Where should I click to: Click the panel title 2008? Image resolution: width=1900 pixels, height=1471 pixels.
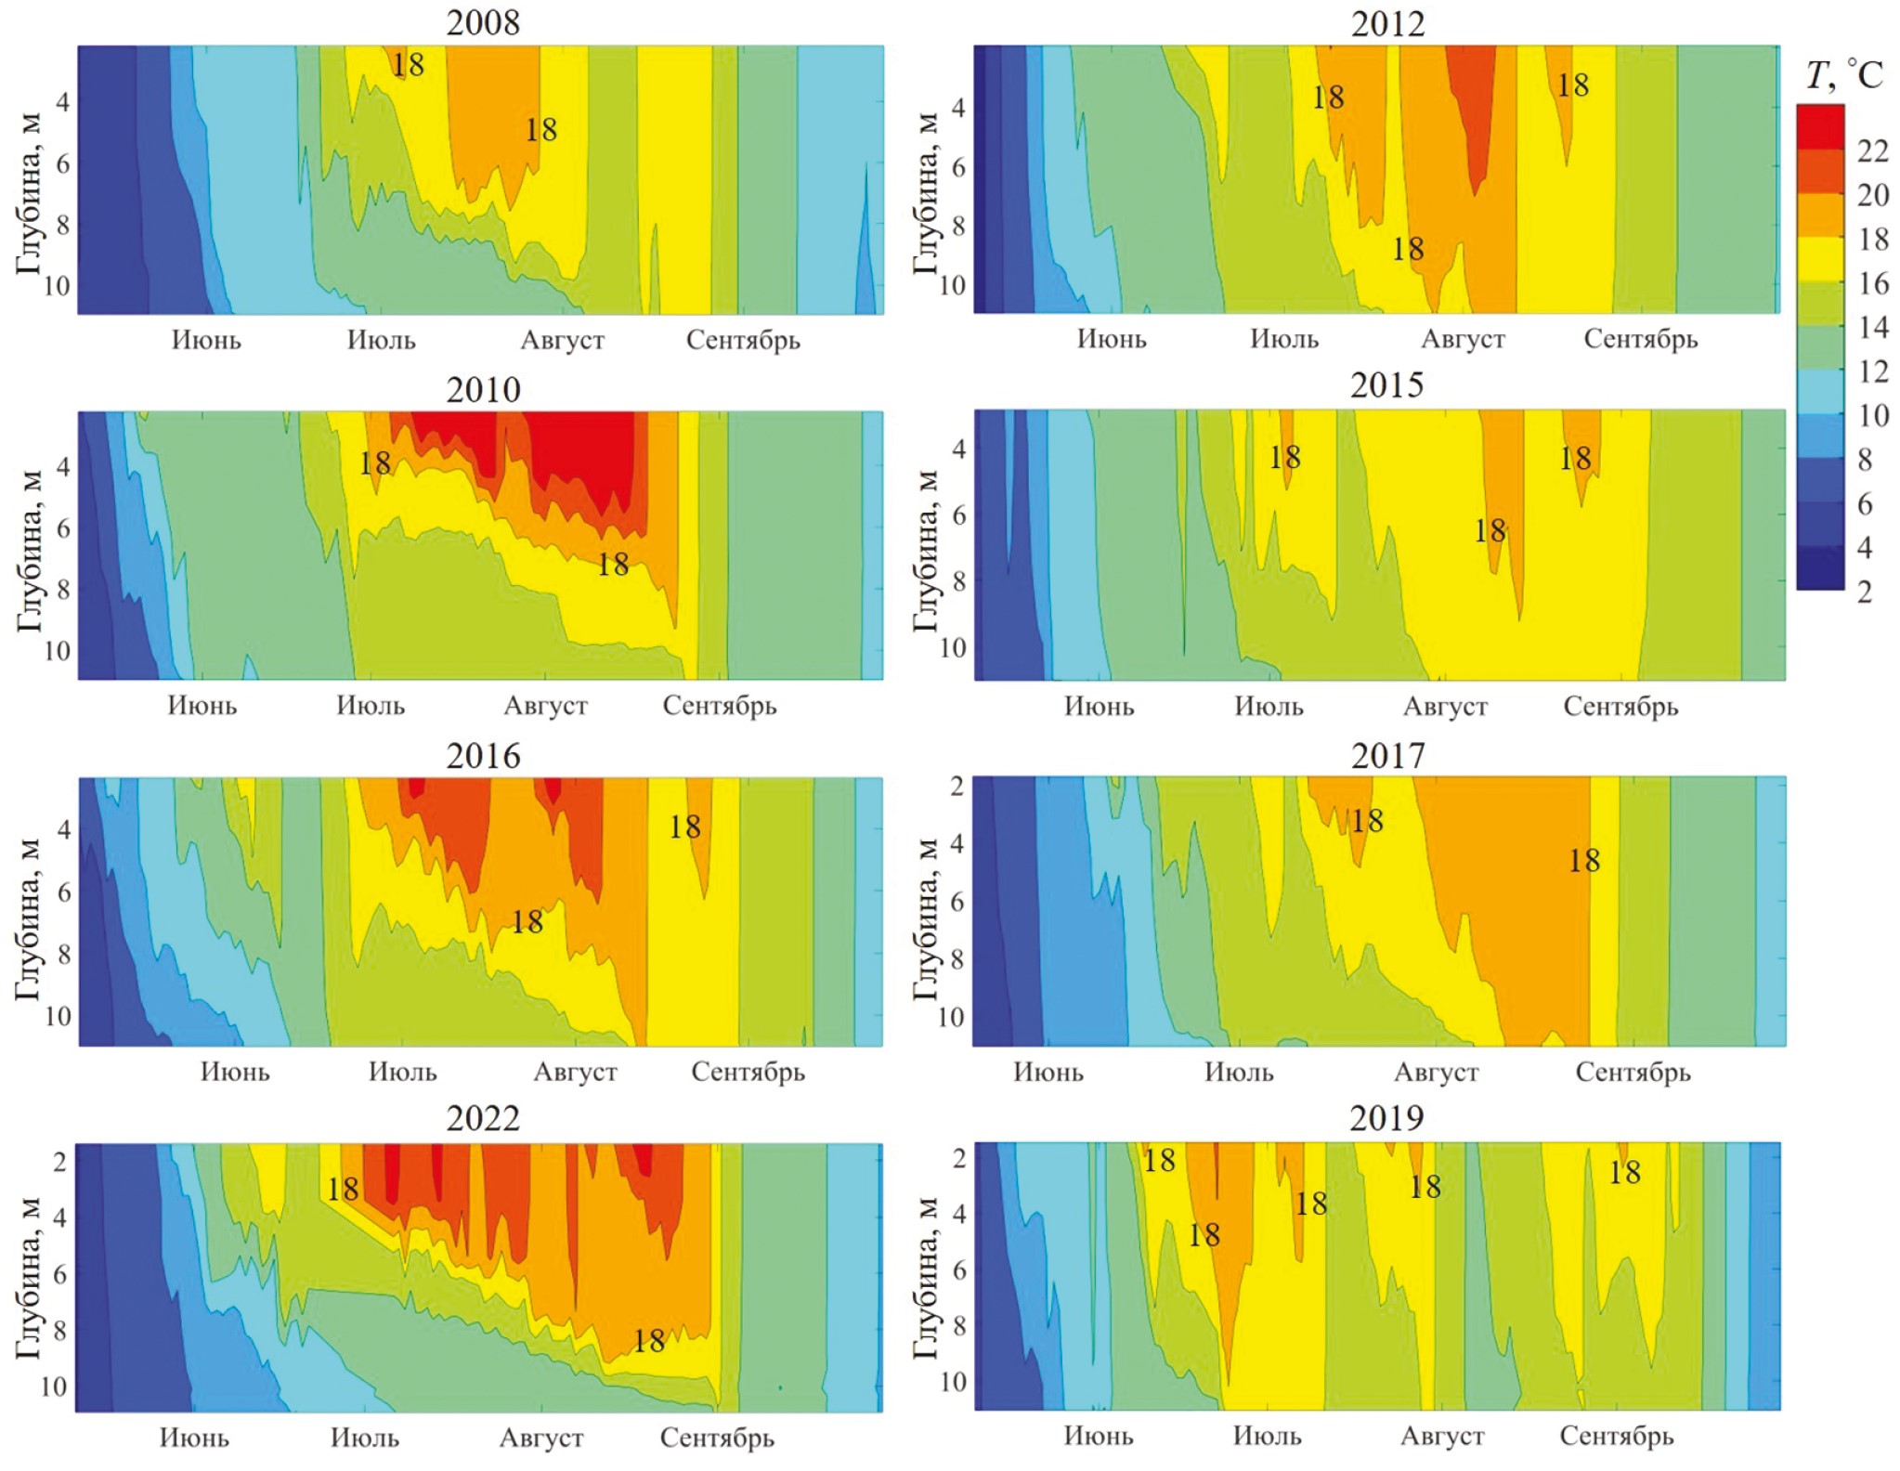(x=483, y=22)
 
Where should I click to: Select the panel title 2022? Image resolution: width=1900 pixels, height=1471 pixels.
(x=483, y=1118)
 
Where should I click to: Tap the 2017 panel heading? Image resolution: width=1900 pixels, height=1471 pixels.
(x=1387, y=756)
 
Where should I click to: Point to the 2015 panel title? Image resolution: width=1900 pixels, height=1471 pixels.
(x=1386, y=384)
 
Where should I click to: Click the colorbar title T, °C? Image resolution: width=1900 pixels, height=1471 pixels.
(x=1843, y=75)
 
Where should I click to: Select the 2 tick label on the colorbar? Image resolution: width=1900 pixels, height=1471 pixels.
(x=1865, y=592)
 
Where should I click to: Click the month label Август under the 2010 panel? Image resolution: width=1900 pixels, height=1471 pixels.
(x=545, y=706)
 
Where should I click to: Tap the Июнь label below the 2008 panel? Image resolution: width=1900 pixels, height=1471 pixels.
(x=206, y=340)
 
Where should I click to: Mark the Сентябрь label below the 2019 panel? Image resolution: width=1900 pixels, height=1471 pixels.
(x=1616, y=1436)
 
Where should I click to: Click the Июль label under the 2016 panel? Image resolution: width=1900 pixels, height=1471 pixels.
(x=402, y=1072)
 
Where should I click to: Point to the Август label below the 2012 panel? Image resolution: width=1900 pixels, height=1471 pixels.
(x=1463, y=339)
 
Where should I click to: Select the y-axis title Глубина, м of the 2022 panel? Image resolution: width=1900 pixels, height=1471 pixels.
(x=28, y=1278)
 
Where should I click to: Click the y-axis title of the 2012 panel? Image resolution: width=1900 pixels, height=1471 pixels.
(x=925, y=193)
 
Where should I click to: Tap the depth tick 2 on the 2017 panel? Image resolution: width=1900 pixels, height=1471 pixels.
(x=957, y=786)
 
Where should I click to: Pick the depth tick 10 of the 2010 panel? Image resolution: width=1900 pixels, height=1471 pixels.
(x=57, y=650)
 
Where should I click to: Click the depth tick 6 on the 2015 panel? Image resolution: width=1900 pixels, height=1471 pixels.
(x=958, y=514)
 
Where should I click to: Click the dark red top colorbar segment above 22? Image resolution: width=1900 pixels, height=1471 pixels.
(x=1819, y=126)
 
